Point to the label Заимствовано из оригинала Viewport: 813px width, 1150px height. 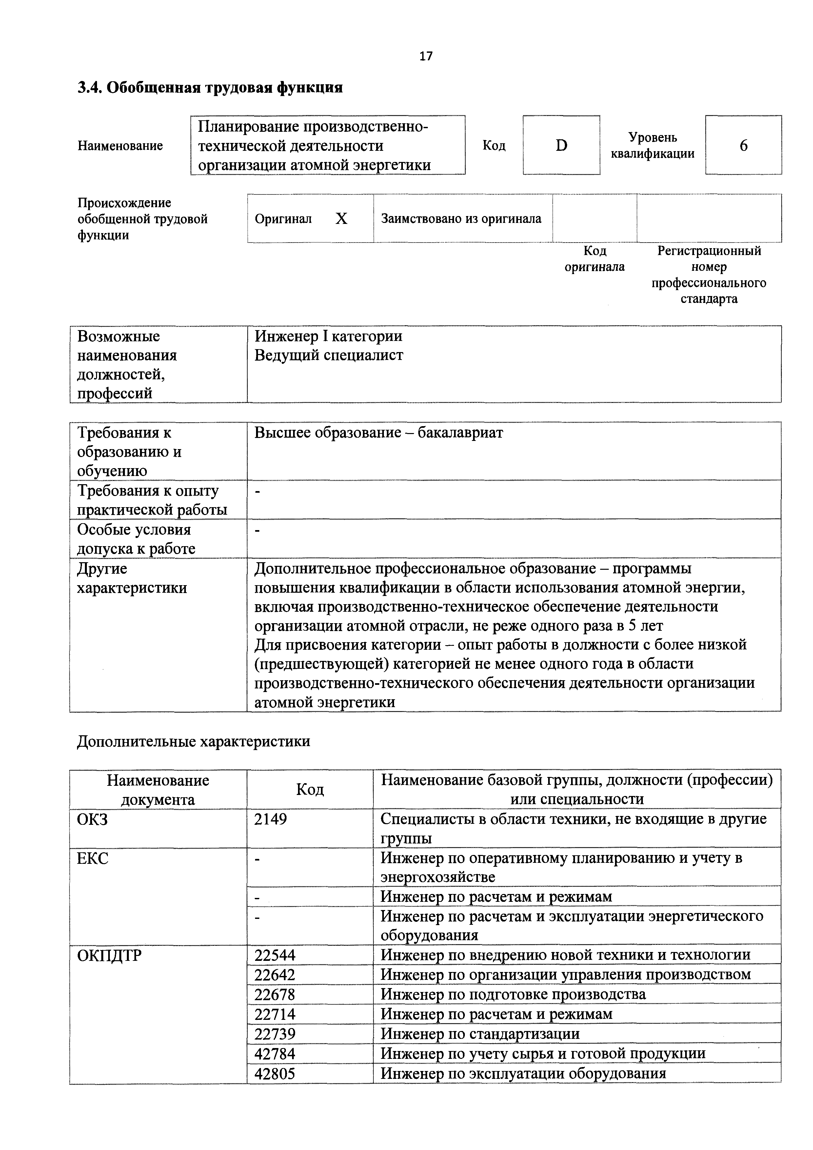coord(461,219)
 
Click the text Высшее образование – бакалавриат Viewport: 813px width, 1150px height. coord(378,433)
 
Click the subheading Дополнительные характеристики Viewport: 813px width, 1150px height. coord(193,741)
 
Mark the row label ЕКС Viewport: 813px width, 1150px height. coord(93,859)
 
